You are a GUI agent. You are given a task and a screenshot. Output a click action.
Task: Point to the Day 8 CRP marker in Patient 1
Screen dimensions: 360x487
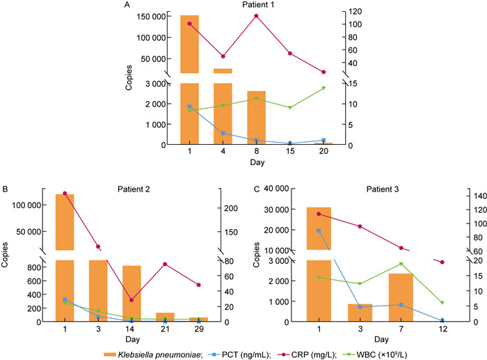tap(256, 16)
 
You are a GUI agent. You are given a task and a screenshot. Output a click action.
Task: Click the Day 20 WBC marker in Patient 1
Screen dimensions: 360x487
tap(324, 88)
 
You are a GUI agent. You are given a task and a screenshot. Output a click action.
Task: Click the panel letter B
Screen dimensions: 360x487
tap(6, 189)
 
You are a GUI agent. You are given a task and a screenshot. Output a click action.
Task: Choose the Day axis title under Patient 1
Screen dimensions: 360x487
tap(256, 162)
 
